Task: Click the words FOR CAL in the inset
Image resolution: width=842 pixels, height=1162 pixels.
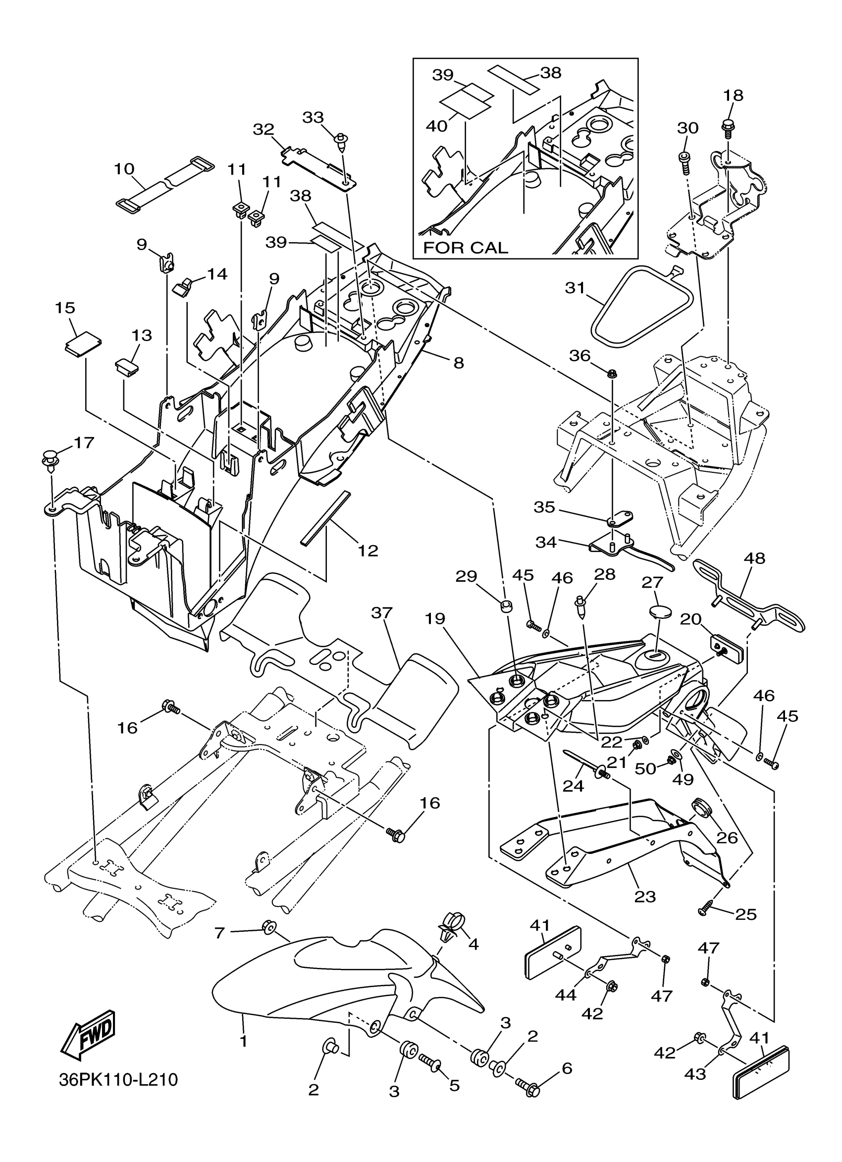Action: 466,248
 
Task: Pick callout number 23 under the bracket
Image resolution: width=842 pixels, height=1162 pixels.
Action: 645,897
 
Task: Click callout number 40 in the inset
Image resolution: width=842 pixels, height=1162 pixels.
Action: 437,126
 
